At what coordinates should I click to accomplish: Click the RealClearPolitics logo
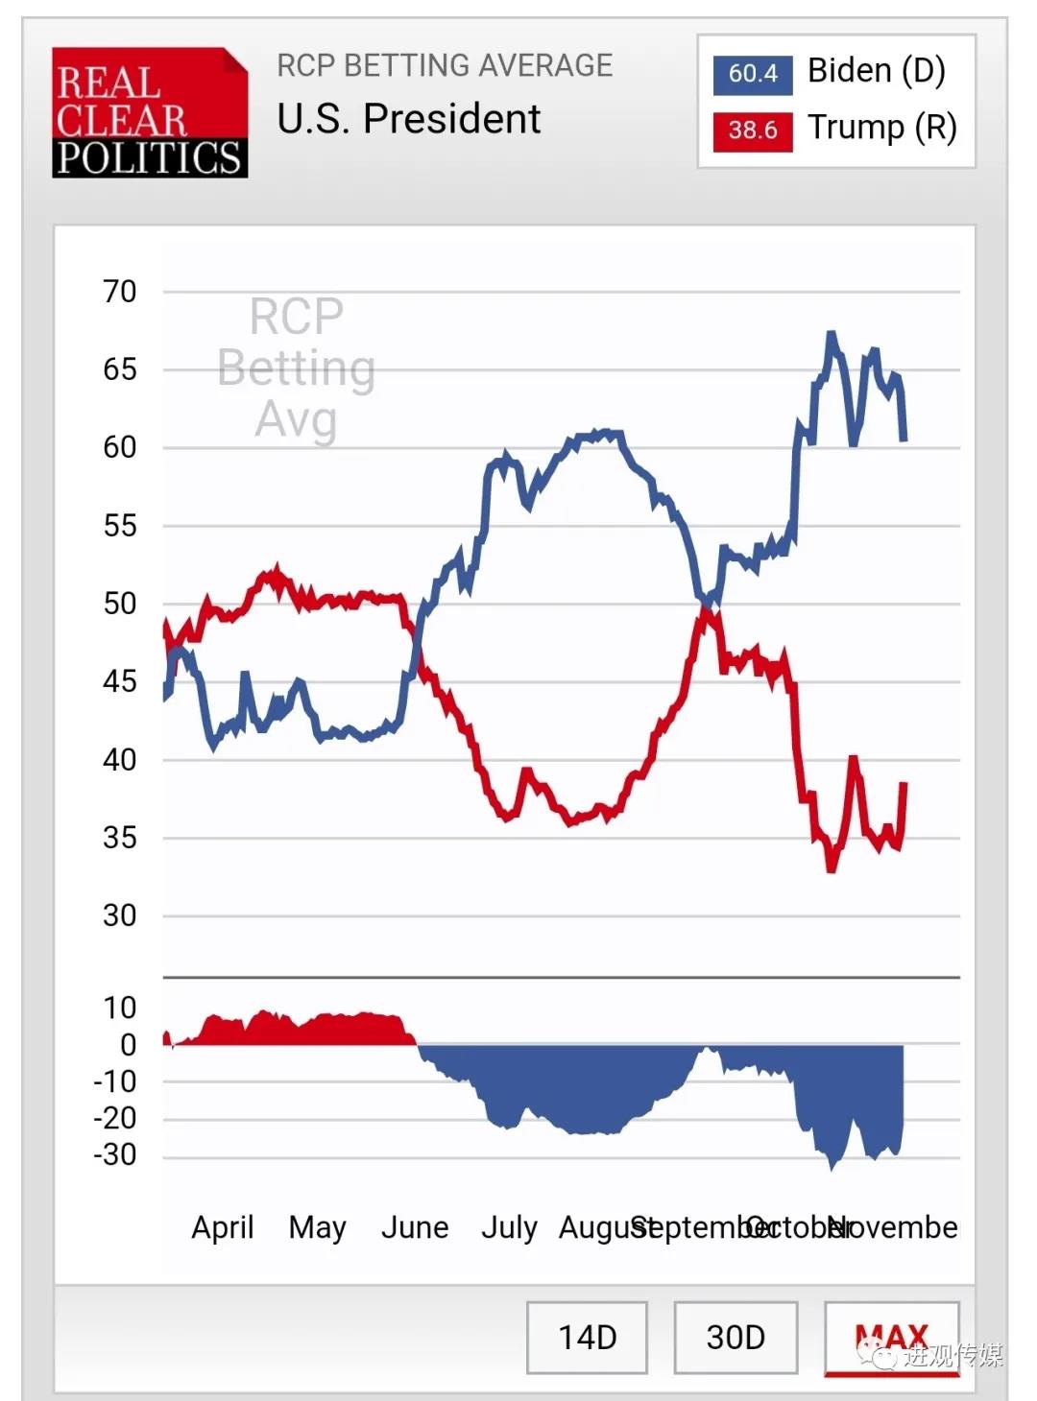[x=150, y=112]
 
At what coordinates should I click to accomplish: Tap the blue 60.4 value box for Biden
[x=752, y=74]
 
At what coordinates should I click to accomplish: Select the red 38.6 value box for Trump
[x=752, y=131]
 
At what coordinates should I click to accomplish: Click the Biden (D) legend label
[x=876, y=71]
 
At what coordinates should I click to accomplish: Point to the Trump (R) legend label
[x=881, y=128]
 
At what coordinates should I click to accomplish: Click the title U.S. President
[x=408, y=119]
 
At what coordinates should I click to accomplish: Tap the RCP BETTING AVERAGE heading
[x=445, y=65]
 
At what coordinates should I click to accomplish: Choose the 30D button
[x=736, y=1337]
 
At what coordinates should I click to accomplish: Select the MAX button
[x=891, y=1337]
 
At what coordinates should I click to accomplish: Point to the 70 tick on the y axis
[x=120, y=291]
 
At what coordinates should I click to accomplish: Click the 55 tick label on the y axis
[x=120, y=526]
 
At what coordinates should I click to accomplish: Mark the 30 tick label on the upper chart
[x=120, y=915]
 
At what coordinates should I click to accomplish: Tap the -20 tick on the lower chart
[x=115, y=1118]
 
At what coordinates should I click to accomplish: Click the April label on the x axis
[x=223, y=1227]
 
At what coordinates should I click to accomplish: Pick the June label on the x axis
[x=415, y=1227]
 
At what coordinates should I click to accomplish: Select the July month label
[x=509, y=1227]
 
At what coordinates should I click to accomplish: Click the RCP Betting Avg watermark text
[x=297, y=368]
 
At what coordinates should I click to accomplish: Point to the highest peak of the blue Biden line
[x=832, y=335]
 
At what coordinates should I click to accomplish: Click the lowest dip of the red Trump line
[x=832, y=868]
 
